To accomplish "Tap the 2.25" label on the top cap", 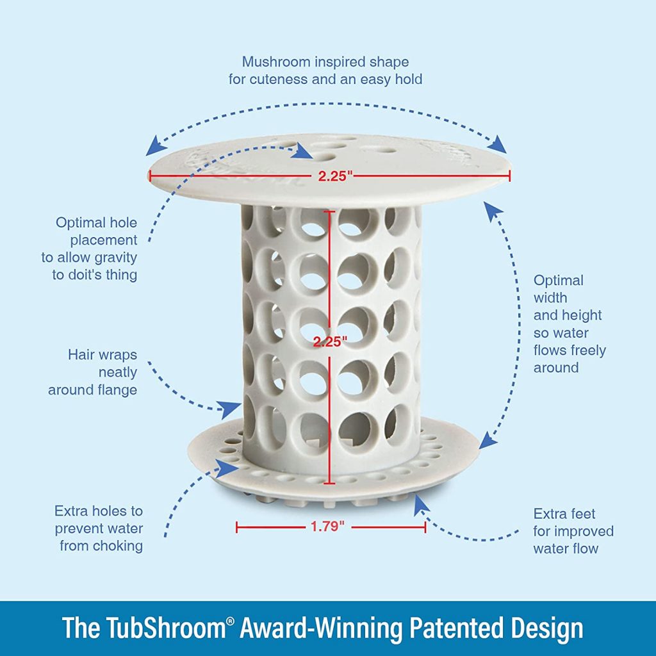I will (x=336, y=177).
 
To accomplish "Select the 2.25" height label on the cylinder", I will (x=330, y=341).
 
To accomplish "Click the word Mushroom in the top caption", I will (x=272, y=62).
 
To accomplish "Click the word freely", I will (x=585, y=350).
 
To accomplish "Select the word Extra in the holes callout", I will (x=75, y=511).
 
